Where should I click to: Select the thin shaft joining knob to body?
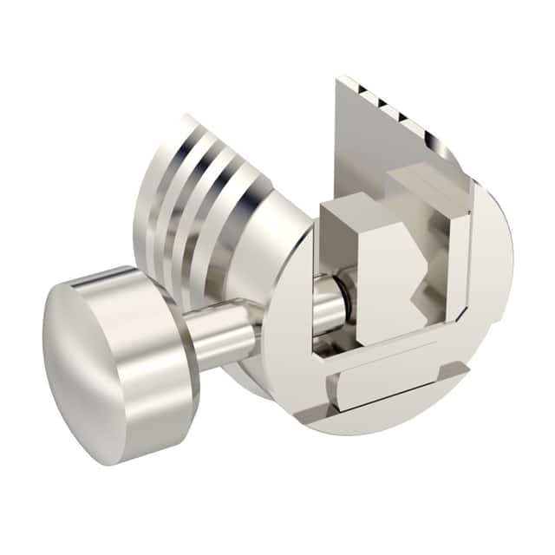click(x=221, y=334)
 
